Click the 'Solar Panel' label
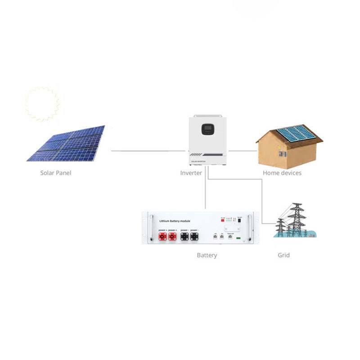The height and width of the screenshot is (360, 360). (x=56, y=173)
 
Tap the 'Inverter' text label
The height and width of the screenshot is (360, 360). (x=191, y=173)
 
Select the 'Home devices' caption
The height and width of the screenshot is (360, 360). (x=282, y=173)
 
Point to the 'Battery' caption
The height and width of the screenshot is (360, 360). (x=207, y=255)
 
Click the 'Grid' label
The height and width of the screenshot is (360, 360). (x=283, y=255)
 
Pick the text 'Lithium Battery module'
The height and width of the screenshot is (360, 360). (x=176, y=221)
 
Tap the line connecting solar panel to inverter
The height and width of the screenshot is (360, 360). (x=148, y=151)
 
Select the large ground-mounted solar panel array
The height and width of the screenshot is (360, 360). (x=66, y=143)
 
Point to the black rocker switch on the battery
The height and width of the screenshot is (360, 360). (x=239, y=221)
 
